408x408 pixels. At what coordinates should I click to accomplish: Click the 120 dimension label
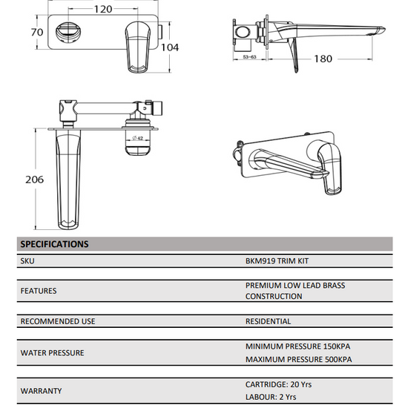tap(103, 10)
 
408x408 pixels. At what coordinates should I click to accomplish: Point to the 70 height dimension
tap(37, 32)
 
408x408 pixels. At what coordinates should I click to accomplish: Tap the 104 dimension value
tap(170, 47)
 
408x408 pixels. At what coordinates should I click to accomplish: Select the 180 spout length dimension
tap(323, 59)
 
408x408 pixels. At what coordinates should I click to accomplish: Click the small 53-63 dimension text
tap(249, 56)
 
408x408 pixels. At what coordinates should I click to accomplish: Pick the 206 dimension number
tap(34, 180)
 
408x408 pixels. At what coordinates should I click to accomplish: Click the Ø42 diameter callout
tap(138, 138)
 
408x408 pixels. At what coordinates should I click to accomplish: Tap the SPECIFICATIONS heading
tap(54, 244)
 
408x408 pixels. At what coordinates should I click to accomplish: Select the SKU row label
tap(27, 261)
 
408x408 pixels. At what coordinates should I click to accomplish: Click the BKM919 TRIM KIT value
tap(277, 261)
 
